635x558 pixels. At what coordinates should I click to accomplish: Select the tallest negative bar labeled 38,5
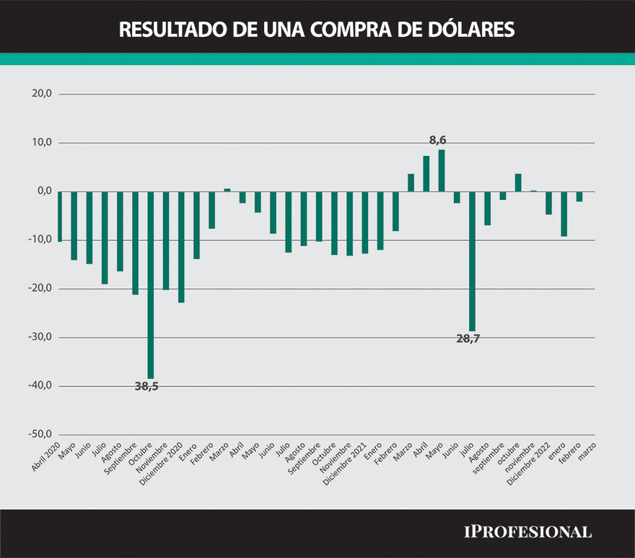[151, 284]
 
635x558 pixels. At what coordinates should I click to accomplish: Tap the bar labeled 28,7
[472, 261]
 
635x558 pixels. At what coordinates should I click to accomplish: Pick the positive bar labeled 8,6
[442, 171]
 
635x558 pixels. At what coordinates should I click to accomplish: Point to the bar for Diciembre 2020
[181, 247]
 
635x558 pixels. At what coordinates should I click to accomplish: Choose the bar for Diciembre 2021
[365, 222]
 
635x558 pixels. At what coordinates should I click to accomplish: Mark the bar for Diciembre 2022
[548, 203]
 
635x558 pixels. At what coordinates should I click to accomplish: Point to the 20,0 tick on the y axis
[42, 94]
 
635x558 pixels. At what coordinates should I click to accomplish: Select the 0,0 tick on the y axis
[43, 191]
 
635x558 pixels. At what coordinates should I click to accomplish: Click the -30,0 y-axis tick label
[40, 337]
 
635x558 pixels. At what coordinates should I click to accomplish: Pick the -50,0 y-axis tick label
[40, 435]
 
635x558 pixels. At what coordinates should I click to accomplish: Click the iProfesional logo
[527, 532]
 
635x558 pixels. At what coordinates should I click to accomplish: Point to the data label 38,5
[146, 386]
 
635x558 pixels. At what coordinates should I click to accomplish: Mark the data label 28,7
[468, 338]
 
